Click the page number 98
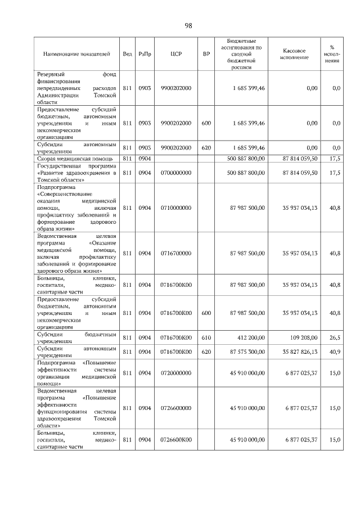(x=188, y=25)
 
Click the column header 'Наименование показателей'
(x=76, y=54)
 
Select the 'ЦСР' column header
(x=175, y=54)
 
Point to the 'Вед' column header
(x=127, y=54)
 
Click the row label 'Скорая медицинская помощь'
(x=69, y=159)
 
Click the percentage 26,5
(x=335, y=337)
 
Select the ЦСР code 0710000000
(x=176, y=208)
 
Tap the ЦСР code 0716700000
(x=176, y=254)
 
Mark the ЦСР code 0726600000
(x=176, y=408)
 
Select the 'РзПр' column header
(x=145, y=54)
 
